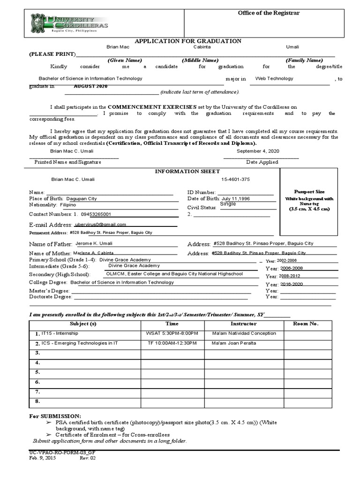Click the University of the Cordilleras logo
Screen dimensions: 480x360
pos(69,22)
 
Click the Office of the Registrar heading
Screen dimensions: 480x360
pos(269,13)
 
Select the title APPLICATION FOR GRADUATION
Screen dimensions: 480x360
pos(188,41)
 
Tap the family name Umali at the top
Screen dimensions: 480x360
pos(292,47)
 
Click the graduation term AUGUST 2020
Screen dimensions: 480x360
pos(90,87)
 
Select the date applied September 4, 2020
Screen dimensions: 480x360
pos(258,151)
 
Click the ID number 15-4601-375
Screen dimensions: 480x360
pos(235,180)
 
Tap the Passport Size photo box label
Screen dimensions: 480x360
pos(309,192)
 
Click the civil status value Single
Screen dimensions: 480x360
pos(228,204)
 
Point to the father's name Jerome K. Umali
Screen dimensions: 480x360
pos(94,243)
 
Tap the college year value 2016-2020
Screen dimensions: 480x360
pos(292,285)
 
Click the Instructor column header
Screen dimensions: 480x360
pos(243,324)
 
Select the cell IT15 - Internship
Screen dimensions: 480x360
pos(60,333)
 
